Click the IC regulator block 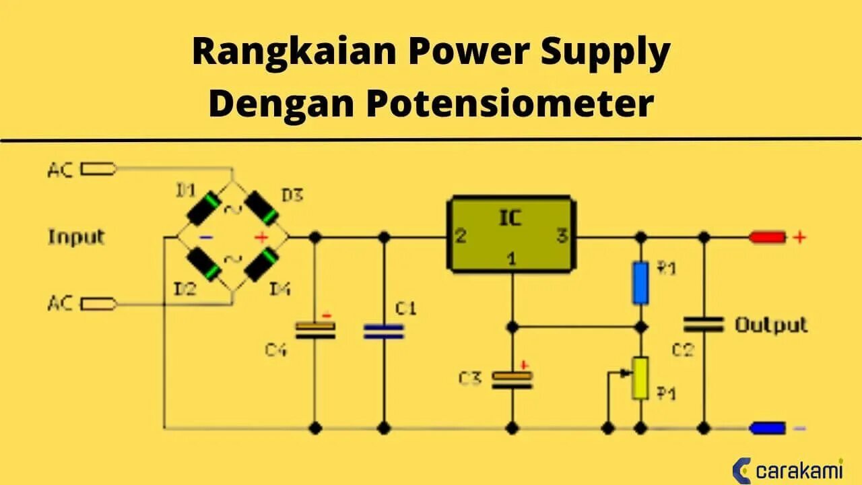(x=512, y=234)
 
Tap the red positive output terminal (x=768, y=237)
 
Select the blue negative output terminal (x=768, y=428)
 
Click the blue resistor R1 (x=640, y=283)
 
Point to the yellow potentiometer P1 (x=640, y=378)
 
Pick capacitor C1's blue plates (x=384, y=331)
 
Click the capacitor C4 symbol (x=314, y=329)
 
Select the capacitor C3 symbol (x=512, y=379)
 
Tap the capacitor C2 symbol (x=704, y=325)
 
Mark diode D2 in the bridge (x=203, y=265)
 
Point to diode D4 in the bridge (x=261, y=265)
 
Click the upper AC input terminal (x=98, y=169)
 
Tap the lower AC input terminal (x=98, y=304)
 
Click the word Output (x=770, y=325)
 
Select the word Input (x=76, y=237)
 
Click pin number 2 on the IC (x=461, y=236)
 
